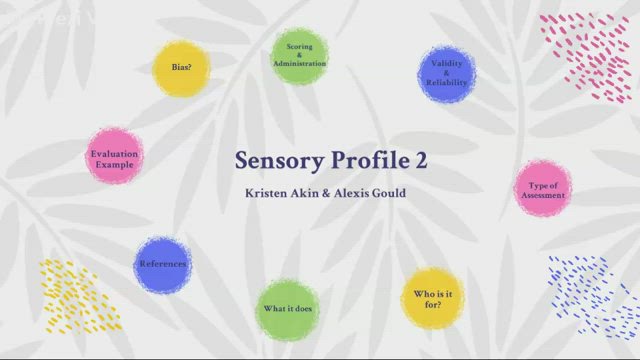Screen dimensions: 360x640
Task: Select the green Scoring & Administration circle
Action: (x=300, y=56)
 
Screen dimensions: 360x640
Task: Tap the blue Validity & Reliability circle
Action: (x=446, y=74)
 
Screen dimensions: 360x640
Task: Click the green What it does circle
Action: (x=288, y=308)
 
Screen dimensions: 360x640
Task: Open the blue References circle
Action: (x=162, y=265)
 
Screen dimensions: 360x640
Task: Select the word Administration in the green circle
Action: (x=300, y=63)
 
